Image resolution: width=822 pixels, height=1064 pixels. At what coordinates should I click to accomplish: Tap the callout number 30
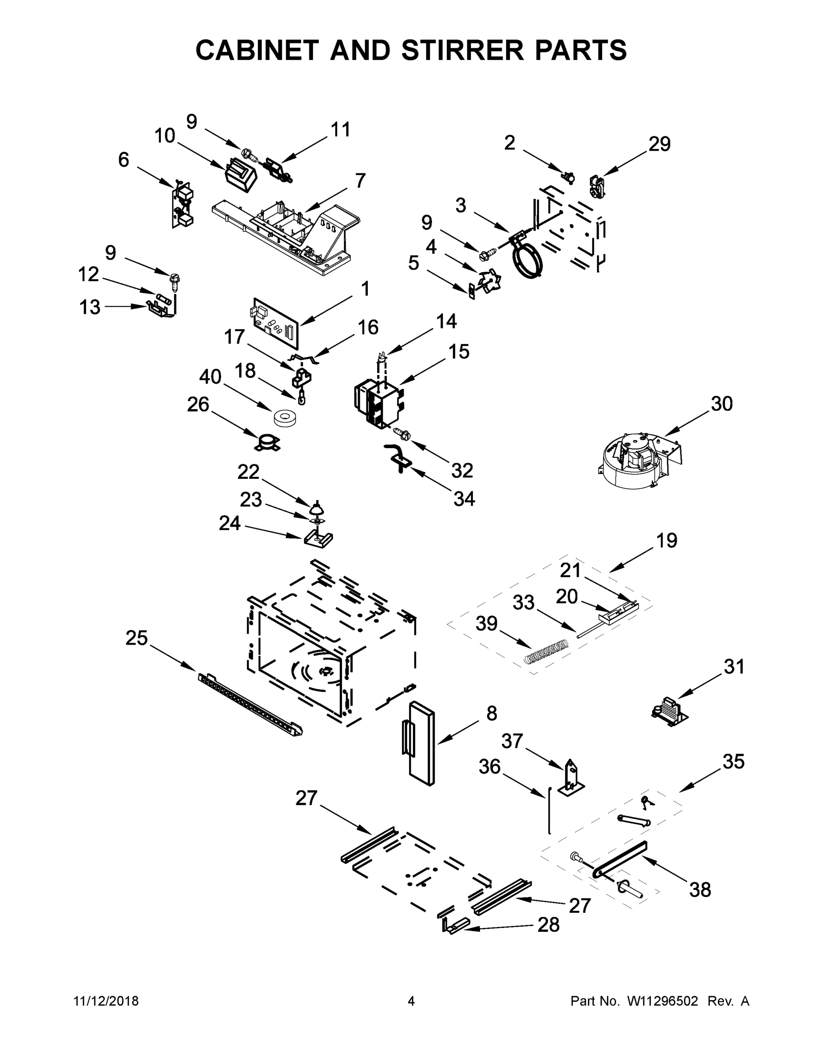coord(721,404)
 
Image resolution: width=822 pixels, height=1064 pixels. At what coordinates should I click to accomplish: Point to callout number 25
coord(136,638)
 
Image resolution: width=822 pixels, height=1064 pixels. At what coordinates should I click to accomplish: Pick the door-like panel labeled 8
coord(420,743)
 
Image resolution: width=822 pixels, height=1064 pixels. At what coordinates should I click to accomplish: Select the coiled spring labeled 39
coord(546,651)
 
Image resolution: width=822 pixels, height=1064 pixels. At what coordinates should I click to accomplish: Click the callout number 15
coord(459,351)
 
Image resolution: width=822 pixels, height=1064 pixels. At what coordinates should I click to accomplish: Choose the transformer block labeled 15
coord(379,403)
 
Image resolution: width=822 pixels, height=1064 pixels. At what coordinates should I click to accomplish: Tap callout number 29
coord(659,144)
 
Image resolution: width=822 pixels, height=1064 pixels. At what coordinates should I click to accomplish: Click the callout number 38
coord(700,890)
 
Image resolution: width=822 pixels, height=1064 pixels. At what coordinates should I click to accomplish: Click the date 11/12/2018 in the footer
coord(106,1001)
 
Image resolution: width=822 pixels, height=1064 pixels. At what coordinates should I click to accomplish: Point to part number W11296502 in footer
coord(662,1001)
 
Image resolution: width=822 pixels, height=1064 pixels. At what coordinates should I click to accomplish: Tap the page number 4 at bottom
coord(411,1001)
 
